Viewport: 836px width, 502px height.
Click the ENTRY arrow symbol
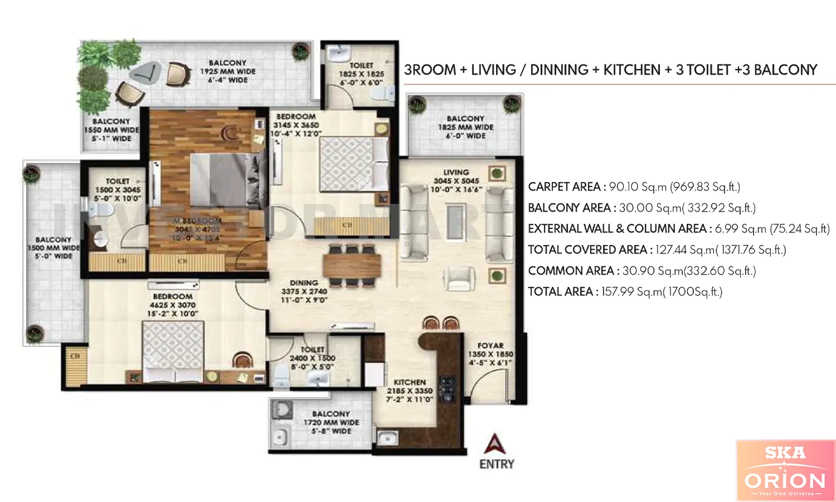pos(495,444)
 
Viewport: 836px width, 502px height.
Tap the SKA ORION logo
pos(785,470)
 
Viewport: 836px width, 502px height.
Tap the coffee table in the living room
pos(455,222)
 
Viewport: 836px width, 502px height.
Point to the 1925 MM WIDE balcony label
pos(227,71)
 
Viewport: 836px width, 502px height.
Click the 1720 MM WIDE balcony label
pos(331,422)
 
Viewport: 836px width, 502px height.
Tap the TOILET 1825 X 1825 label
pos(361,74)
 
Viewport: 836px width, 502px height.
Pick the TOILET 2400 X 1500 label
pos(312,358)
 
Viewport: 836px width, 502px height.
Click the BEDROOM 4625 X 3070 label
pos(173,305)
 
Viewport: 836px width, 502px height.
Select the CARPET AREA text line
pos(634,187)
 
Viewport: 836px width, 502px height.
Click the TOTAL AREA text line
pos(625,292)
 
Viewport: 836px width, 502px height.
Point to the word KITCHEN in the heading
pos(631,70)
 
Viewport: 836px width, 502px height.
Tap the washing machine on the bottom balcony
pos(282,410)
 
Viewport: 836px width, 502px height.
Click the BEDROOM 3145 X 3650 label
pos(296,125)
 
